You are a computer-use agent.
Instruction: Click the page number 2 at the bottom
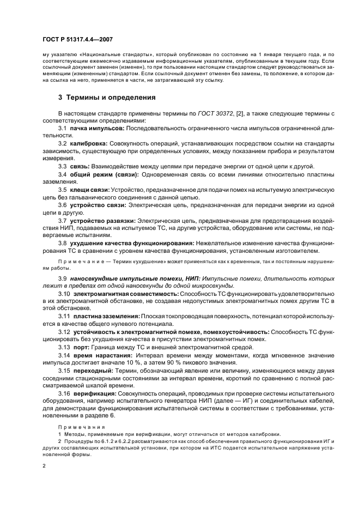pyautogui.click(x=45, y=466)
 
